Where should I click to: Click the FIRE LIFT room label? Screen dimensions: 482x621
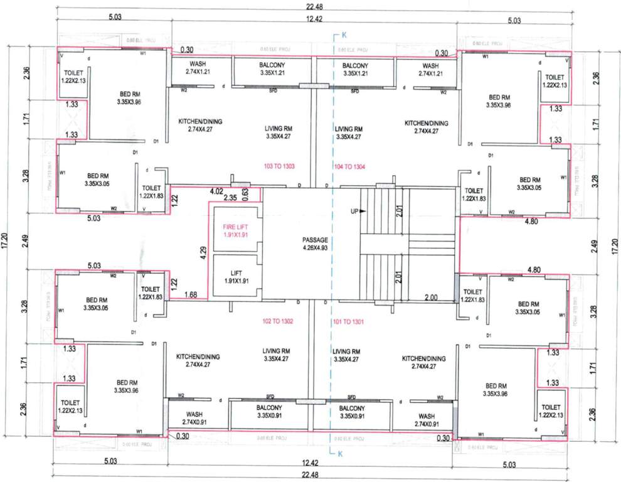coord(235,229)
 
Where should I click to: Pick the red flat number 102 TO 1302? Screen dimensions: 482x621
coord(279,321)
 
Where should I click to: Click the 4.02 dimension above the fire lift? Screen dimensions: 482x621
coord(216,191)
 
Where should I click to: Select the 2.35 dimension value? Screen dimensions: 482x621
coord(230,198)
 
